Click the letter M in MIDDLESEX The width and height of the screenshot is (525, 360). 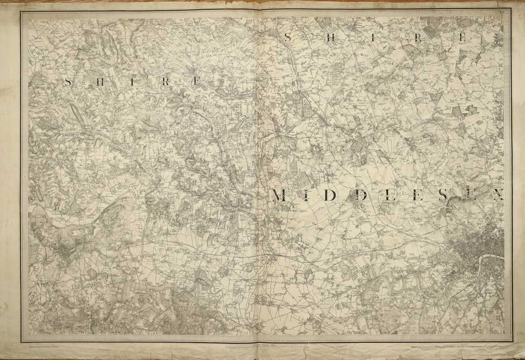pyautogui.click(x=280, y=196)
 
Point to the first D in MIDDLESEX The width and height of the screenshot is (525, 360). pyautogui.click(x=330, y=196)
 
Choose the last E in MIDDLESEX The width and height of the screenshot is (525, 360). pyautogui.click(x=470, y=196)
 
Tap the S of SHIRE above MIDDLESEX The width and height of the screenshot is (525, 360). pyautogui.click(x=288, y=38)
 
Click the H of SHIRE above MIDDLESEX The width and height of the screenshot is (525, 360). pyautogui.click(x=330, y=38)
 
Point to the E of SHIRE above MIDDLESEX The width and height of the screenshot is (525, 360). pyautogui.click(x=462, y=38)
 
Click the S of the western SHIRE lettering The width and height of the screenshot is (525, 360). pyautogui.click(x=68, y=82)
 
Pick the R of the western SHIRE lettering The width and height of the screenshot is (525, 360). pyautogui.click(x=165, y=82)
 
